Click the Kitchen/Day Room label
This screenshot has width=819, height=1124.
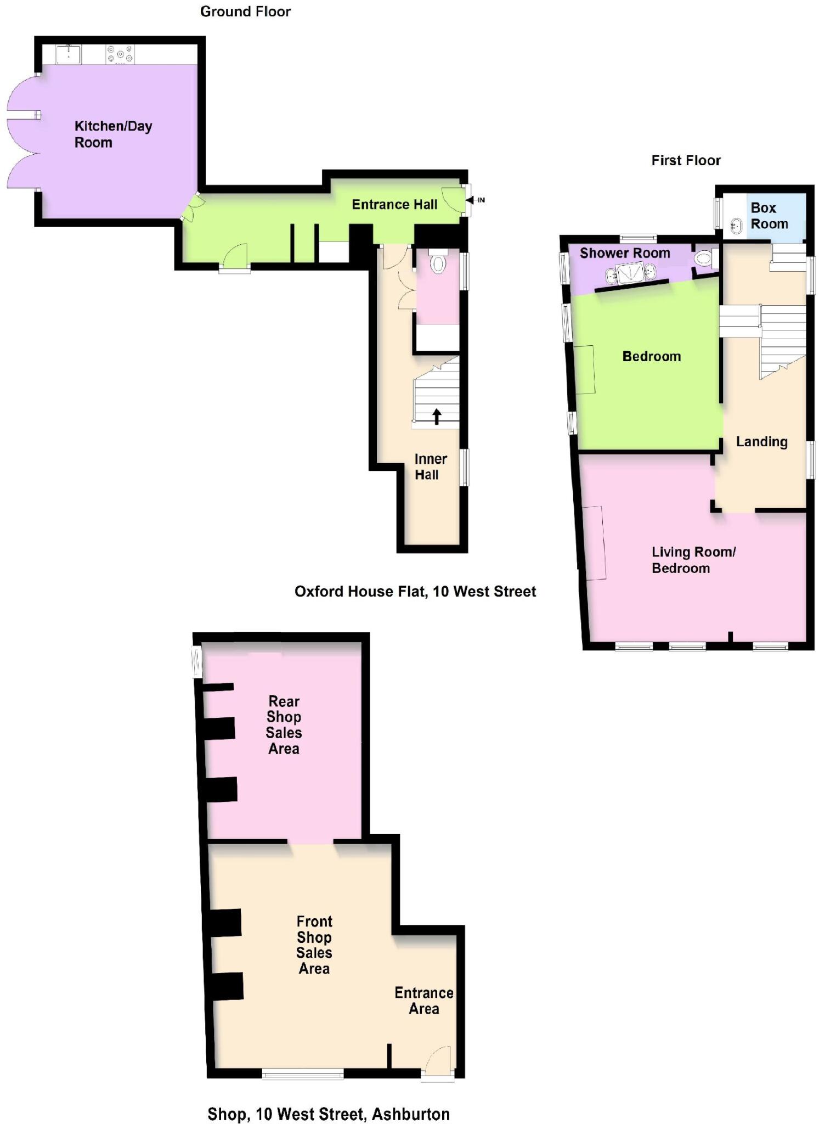[x=113, y=134]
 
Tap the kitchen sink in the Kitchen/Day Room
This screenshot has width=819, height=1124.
[x=69, y=55]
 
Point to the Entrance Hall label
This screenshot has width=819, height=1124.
[x=394, y=205]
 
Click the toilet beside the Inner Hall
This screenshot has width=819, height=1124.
[x=437, y=262]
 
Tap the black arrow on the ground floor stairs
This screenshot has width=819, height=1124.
[x=437, y=416]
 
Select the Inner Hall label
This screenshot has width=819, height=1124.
[x=430, y=467]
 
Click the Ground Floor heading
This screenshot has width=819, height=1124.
[x=245, y=12]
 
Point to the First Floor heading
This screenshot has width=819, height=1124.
[x=686, y=161]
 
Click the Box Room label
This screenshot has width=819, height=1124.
[x=769, y=216]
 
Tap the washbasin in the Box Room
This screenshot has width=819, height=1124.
[x=736, y=226]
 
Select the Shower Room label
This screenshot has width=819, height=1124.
[x=625, y=253]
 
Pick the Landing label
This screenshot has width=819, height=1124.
[x=761, y=442]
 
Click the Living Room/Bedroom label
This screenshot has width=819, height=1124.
[x=693, y=560]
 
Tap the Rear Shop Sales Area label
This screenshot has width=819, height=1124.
[x=284, y=724]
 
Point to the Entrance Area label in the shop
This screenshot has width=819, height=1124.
[x=423, y=1001]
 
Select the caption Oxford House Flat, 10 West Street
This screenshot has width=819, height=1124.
[x=415, y=592]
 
